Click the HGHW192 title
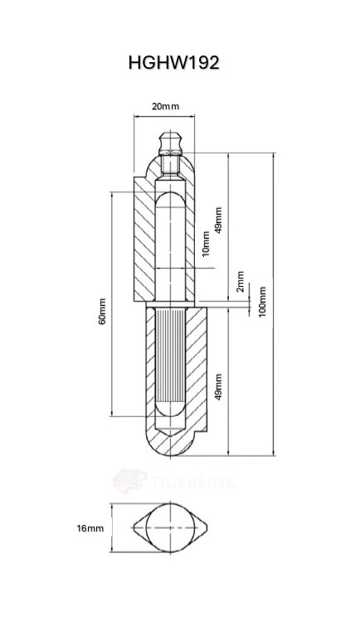click(173, 62)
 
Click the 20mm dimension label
click(165, 106)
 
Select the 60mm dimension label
click(102, 311)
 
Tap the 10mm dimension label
click(206, 244)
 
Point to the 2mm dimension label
click(240, 282)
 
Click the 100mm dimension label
click(262, 301)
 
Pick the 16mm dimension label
click(90, 528)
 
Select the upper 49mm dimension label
click(218, 221)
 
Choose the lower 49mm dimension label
click(218, 387)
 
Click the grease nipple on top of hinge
click(171, 143)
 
